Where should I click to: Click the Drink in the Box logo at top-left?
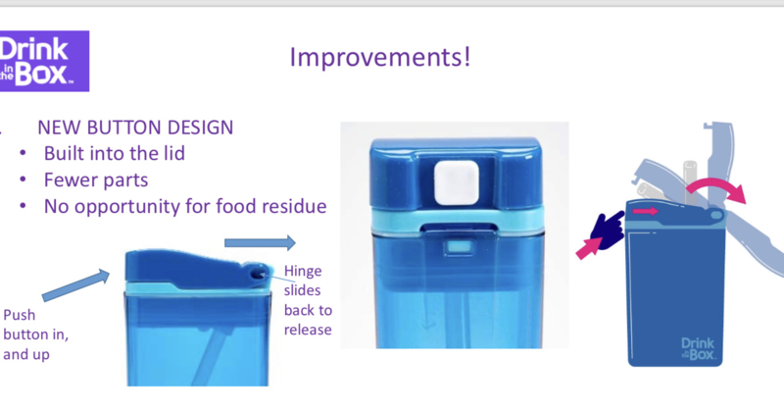(44, 61)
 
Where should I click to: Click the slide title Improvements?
(380, 57)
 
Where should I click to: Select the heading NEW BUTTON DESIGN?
(135, 128)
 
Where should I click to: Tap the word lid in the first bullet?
(172, 153)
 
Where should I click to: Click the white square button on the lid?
(457, 182)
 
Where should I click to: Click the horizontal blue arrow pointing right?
(260, 243)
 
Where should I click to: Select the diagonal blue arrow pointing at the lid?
(76, 284)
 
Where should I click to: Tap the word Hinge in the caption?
(303, 272)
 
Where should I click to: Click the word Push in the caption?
(20, 315)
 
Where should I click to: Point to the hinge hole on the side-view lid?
(258, 274)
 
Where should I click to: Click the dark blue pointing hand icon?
(607, 230)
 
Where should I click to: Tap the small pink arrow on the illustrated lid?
(646, 211)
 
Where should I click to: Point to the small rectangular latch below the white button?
(460, 247)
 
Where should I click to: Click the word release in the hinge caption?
(308, 330)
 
